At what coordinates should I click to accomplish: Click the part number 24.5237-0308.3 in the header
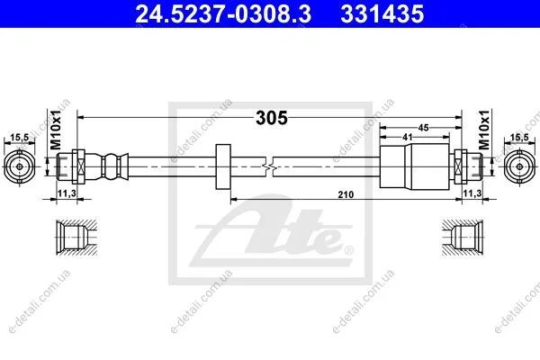223,14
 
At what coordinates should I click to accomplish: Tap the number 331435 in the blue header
382,14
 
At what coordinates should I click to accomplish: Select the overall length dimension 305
272,118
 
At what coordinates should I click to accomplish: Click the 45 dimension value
423,128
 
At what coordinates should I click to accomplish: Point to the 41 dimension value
408,137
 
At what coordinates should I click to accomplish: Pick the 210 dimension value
346,194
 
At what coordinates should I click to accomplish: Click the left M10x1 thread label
56,130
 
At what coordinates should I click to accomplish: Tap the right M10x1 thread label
484,130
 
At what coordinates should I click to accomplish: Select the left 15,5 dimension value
19,138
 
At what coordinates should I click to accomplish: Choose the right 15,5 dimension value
519,137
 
